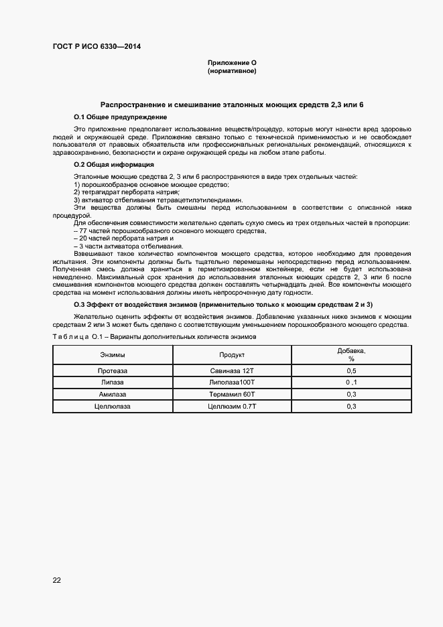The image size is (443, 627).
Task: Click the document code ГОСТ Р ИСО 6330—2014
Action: (97, 46)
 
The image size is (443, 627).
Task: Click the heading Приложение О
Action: (232, 62)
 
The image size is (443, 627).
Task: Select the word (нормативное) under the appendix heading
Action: (232, 70)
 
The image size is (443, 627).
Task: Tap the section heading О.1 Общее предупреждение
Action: (120, 117)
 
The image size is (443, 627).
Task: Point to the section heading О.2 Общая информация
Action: (114, 164)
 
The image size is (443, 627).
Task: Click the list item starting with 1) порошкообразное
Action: (151, 184)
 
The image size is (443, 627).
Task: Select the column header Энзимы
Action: (112, 354)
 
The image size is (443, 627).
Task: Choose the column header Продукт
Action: (232, 354)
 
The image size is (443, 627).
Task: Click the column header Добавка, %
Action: (351, 354)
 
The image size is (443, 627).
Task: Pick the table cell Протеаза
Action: (112, 370)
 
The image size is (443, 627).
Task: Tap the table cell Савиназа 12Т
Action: (232, 370)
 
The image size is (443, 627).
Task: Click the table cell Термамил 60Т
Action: (232, 394)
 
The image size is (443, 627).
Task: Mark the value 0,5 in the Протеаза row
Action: (351, 370)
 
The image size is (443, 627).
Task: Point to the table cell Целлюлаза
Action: (112, 406)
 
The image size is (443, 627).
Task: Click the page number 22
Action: (57, 580)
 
